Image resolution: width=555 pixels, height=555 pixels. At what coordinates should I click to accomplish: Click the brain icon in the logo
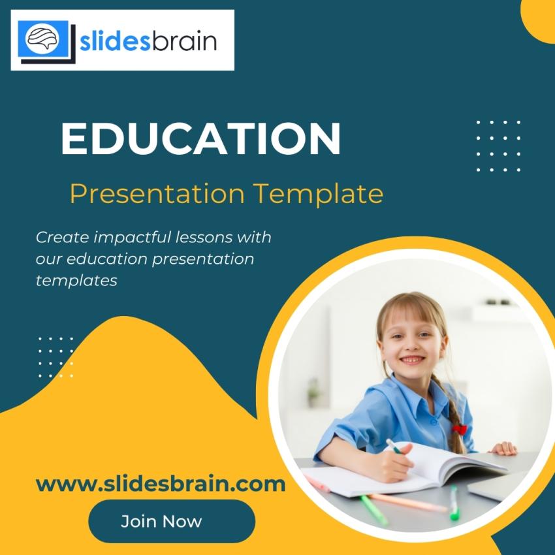click(x=43, y=39)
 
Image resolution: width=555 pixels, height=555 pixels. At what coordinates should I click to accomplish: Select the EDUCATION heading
click(x=200, y=139)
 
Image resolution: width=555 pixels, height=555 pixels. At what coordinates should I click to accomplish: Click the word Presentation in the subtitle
click(x=157, y=194)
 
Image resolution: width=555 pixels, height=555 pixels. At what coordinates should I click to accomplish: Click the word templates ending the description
click(x=76, y=281)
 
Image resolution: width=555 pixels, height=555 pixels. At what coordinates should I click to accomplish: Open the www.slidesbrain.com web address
click(x=161, y=484)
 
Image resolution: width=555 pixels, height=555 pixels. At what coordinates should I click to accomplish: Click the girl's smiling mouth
click(x=411, y=359)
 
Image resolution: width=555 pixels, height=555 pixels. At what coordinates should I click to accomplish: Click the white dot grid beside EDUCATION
click(x=498, y=146)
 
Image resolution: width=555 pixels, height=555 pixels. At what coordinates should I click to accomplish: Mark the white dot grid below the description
click(x=55, y=357)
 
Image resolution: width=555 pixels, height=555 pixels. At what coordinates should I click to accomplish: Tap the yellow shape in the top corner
click(x=540, y=20)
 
